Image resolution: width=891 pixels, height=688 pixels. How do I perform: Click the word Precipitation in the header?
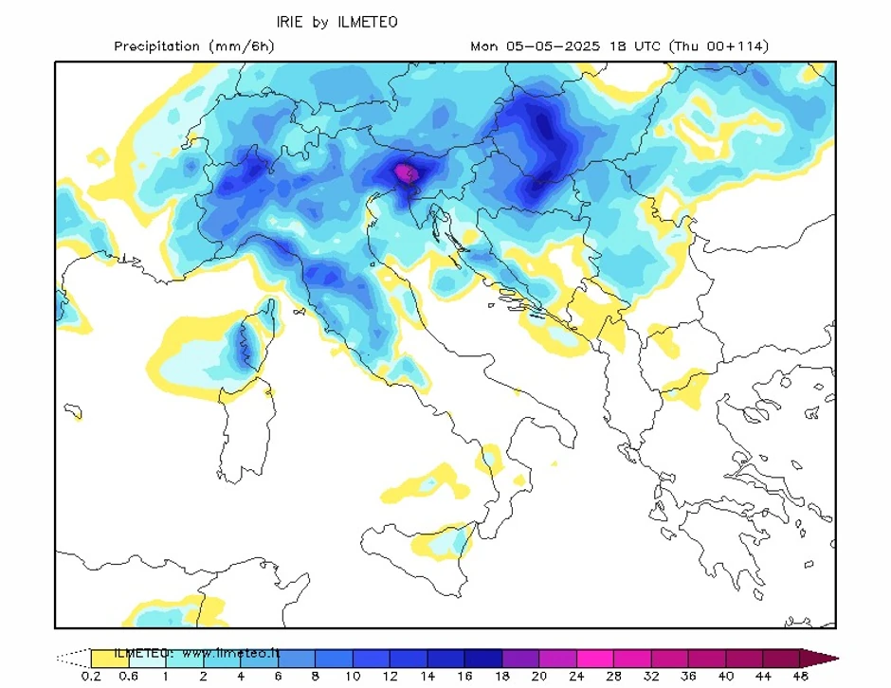click(x=156, y=45)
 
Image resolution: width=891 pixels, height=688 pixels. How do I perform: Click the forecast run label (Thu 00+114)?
click(x=719, y=45)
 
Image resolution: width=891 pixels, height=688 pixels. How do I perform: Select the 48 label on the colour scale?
click(x=801, y=676)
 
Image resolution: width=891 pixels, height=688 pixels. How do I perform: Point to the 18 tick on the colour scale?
click(x=501, y=676)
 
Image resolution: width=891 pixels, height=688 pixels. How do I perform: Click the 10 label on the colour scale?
click(x=352, y=676)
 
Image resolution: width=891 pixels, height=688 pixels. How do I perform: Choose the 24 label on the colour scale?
click(x=576, y=676)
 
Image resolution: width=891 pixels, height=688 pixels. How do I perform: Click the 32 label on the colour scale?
click(x=651, y=676)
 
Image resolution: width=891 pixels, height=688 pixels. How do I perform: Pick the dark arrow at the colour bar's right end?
click(x=819, y=657)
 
